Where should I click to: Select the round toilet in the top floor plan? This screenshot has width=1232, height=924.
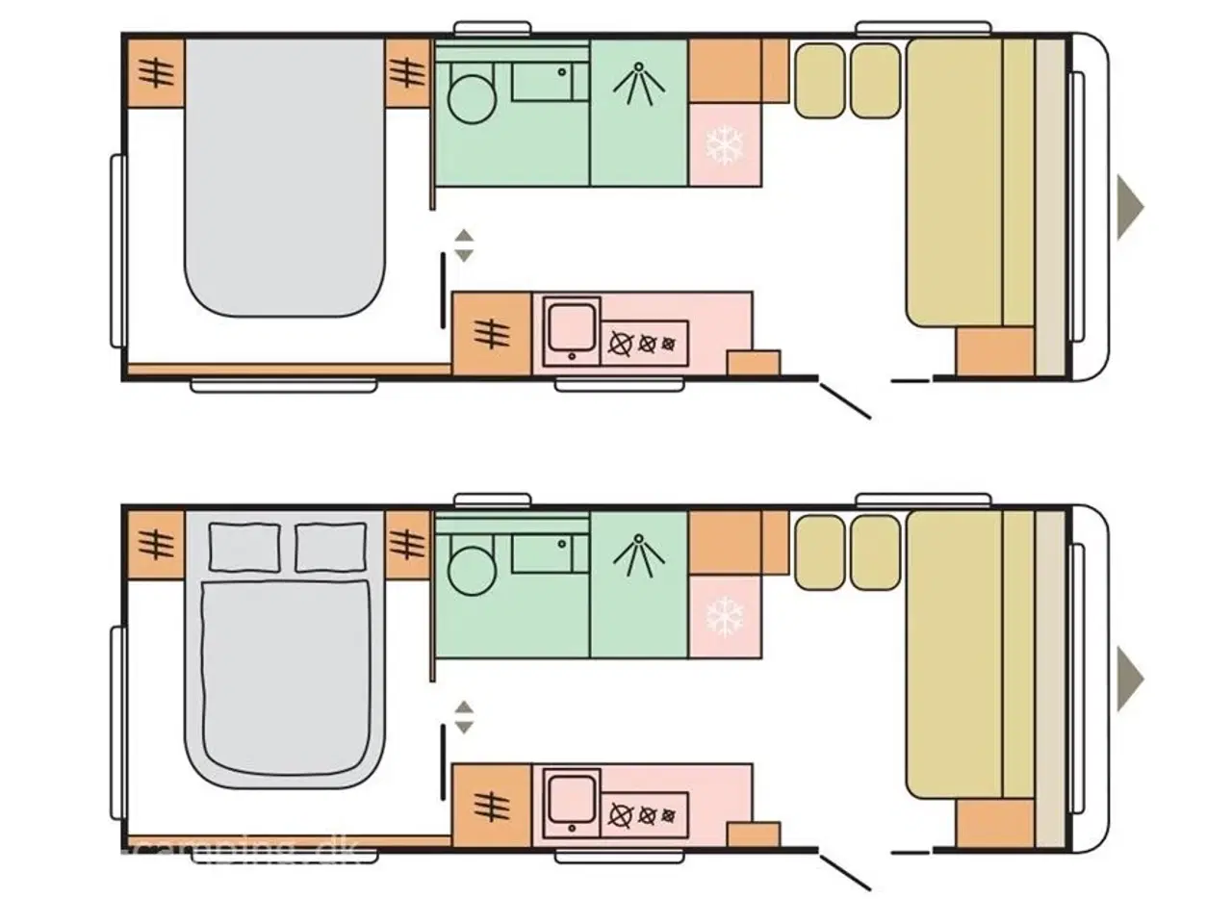click(x=471, y=99)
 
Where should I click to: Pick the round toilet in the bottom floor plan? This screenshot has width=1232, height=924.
click(x=471, y=571)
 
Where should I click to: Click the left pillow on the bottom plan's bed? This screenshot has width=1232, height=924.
click(x=245, y=547)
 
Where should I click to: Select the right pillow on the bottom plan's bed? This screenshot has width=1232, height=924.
click(x=330, y=547)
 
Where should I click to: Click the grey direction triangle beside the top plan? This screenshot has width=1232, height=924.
click(x=1129, y=206)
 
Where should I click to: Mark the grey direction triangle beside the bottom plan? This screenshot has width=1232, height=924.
click(x=1129, y=678)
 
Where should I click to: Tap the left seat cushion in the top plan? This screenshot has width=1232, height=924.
click(x=819, y=82)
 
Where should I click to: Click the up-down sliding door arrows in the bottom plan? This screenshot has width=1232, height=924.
click(x=464, y=716)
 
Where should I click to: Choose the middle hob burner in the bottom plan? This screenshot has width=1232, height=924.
click(x=647, y=815)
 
